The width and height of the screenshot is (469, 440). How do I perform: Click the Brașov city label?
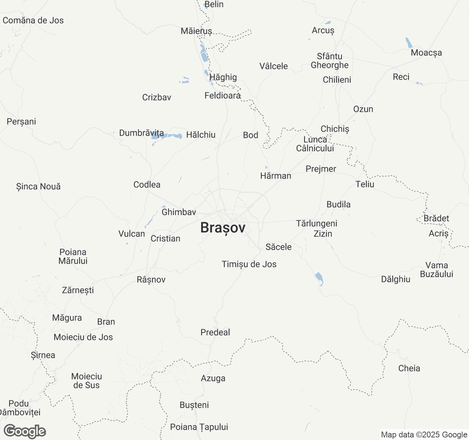click(223, 228)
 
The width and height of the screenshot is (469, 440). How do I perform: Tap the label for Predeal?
click(215, 332)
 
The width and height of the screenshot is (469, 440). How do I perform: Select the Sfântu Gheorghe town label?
click(329, 61)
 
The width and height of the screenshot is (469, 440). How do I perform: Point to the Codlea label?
click(147, 184)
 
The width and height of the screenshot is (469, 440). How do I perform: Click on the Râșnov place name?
click(151, 279)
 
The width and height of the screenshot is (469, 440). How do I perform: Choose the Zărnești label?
click(78, 290)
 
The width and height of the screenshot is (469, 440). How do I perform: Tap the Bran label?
click(106, 322)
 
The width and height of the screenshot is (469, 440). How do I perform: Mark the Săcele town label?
click(278, 247)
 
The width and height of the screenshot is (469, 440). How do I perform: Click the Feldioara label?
click(222, 96)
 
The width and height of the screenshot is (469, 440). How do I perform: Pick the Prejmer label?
click(321, 169)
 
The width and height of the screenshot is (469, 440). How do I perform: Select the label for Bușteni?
click(194, 405)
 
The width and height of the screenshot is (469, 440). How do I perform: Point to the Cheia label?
click(409, 368)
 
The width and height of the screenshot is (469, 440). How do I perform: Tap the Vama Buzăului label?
click(436, 269)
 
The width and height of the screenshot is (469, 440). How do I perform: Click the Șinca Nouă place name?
click(38, 186)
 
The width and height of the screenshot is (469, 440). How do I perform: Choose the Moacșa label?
click(426, 52)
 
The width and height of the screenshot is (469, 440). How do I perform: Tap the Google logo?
click(25, 431)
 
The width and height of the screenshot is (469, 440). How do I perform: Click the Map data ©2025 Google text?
click(424, 435)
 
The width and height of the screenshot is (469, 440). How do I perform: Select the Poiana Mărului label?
click(73, 256)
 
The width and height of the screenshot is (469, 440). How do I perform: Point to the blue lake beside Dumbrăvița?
click(167, 136)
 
